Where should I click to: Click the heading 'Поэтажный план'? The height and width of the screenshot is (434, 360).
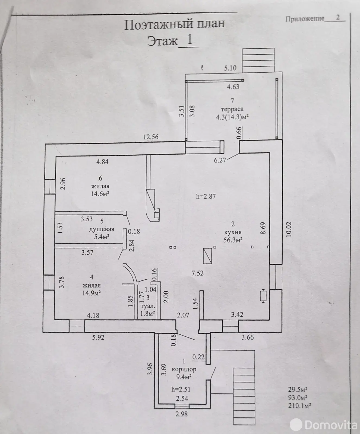pos(175,24)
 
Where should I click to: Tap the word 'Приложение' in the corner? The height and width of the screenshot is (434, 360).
pos(305,18)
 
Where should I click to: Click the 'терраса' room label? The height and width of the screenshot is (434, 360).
pos(232,109)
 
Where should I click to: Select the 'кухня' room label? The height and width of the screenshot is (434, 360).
pos(233,232)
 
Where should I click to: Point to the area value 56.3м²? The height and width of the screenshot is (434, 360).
pos(233,240)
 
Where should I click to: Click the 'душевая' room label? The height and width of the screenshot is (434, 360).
pos(102,229)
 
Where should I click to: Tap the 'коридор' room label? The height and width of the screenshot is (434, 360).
pos(184,369)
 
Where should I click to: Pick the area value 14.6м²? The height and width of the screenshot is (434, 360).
pos(100,194)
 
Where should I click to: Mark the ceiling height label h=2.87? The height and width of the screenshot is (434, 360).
pos(206,196)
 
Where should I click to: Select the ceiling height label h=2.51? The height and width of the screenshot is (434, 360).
pos(181,389)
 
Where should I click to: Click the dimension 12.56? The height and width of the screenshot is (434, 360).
pos(151,137)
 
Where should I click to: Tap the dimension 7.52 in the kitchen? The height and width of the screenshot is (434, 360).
pos(198,273)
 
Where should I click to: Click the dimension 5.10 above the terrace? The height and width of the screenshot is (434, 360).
pos(230,68)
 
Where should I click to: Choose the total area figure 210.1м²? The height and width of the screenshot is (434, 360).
pos(299,406)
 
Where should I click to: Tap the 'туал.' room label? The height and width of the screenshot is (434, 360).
pos(147,306)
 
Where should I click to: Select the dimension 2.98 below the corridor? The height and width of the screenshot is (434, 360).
pos(182,414)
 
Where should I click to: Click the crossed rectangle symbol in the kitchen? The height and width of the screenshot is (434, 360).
pos(207,256)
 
